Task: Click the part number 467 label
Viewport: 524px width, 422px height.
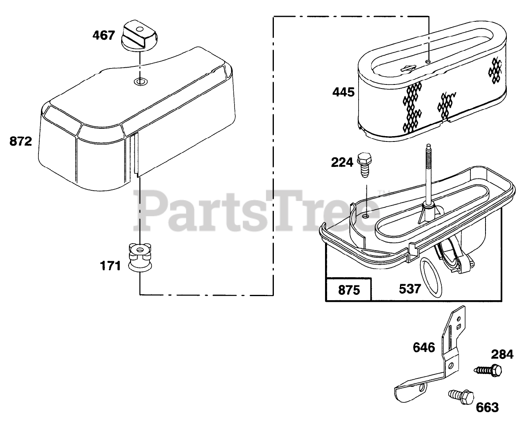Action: [103, 35]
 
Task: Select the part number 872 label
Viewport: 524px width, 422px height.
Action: [20, 142]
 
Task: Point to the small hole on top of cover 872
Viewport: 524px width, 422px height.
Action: [140, 81]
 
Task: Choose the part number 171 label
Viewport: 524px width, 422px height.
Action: [111, 266]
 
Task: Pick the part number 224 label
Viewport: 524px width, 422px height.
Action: [342, 163]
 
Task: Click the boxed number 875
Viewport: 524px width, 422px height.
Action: [349, 290]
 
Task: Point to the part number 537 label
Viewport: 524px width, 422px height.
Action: [410, 289]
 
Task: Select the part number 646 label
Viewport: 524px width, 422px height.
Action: [424, 348]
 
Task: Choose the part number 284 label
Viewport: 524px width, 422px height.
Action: [502, 354]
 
